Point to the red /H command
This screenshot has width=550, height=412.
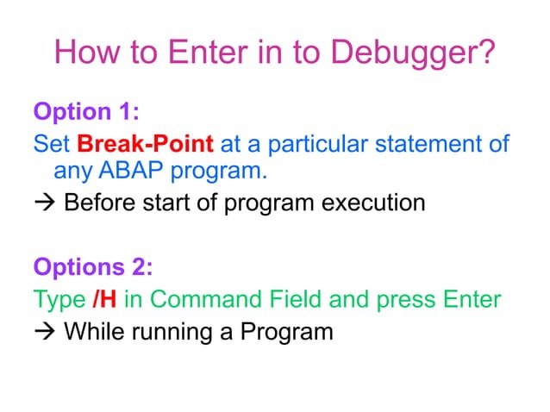[x=103, y=299]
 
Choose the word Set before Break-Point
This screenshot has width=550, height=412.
[x=51, y=142]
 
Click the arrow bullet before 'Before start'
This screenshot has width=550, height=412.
[x=44, y=204]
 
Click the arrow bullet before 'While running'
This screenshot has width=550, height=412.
[x=44, y=330]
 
